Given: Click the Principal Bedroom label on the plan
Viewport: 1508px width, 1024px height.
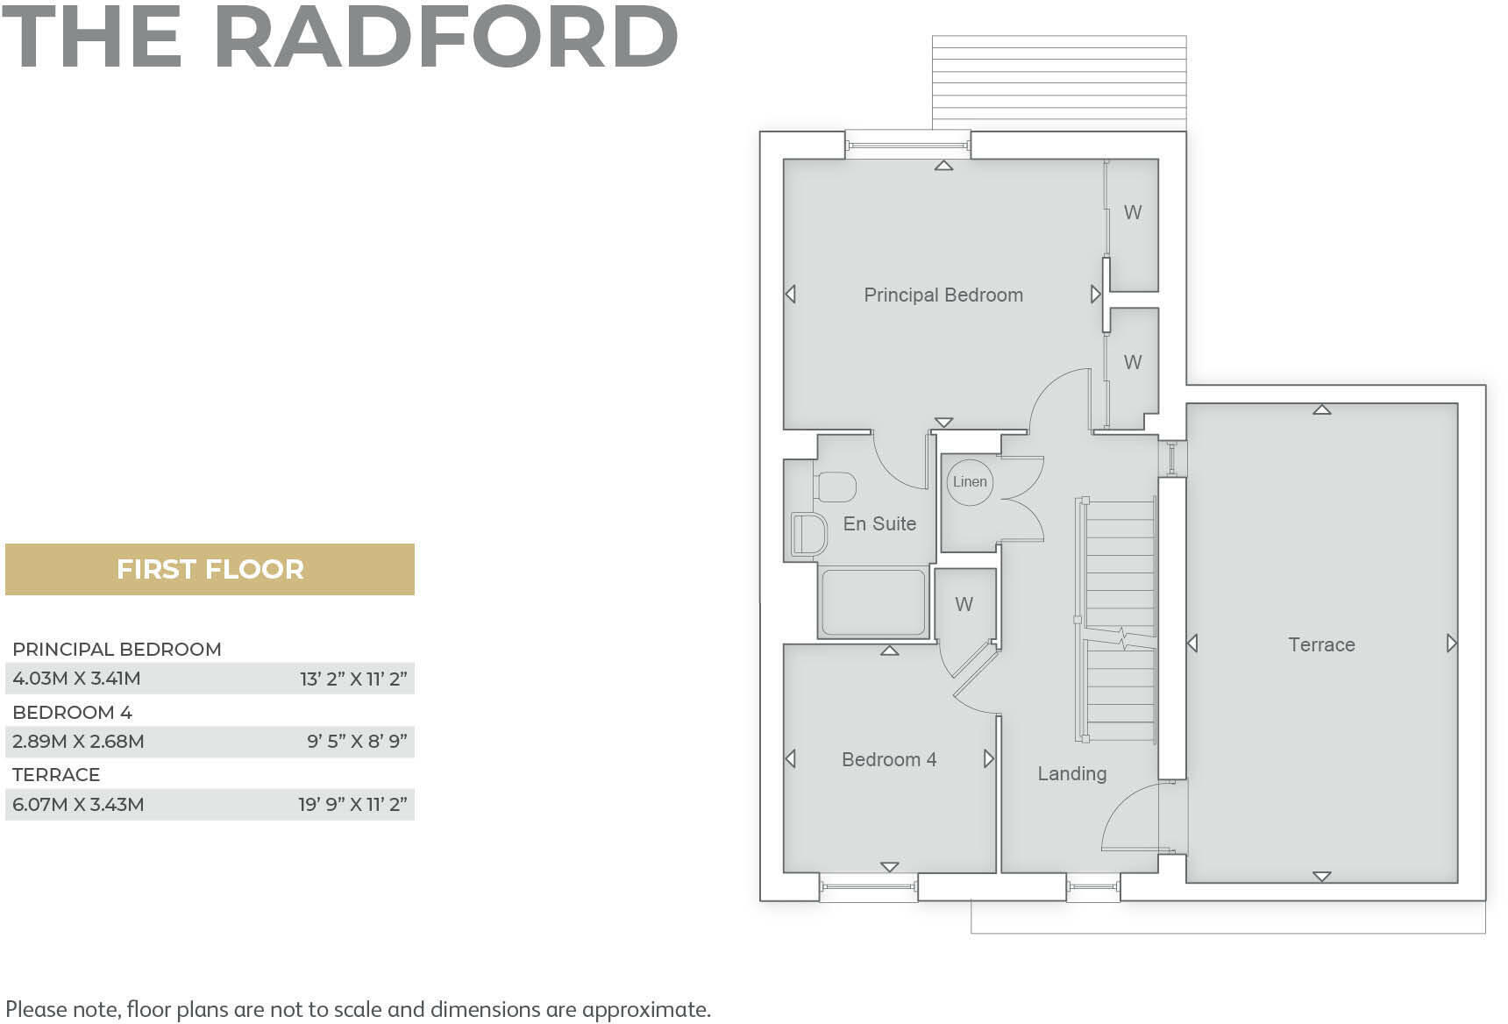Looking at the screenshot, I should pos(942,295).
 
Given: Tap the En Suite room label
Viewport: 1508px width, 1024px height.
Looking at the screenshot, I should pos(878,523).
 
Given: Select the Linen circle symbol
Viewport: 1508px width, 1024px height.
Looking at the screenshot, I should pos(970,481).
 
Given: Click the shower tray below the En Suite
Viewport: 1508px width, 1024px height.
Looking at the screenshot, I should pos(872,602).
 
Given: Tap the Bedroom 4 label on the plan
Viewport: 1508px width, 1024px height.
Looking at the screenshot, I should pos(888,759).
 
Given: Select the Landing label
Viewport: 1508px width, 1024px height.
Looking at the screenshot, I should pos(1071,773).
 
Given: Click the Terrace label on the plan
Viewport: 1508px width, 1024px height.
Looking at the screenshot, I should pos(1321,645).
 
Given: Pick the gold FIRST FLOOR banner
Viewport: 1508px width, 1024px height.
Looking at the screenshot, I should pos(210,569).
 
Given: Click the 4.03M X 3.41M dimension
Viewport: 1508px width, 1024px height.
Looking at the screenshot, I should pos(76,679).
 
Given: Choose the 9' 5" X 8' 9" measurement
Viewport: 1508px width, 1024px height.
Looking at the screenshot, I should pos(357,742).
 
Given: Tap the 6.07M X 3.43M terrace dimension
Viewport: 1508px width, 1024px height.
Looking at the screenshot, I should pos(78,805).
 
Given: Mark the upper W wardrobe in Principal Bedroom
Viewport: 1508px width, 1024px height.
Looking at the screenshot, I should pos(1133,212).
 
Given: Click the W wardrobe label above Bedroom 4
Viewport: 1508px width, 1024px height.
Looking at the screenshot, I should pos(964,604).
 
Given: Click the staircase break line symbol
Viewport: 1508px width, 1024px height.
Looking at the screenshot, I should pos(1121,637).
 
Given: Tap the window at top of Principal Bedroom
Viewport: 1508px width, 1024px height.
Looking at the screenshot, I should pos(907,144).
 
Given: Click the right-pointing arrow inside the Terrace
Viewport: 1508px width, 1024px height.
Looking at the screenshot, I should pos(1451,644).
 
